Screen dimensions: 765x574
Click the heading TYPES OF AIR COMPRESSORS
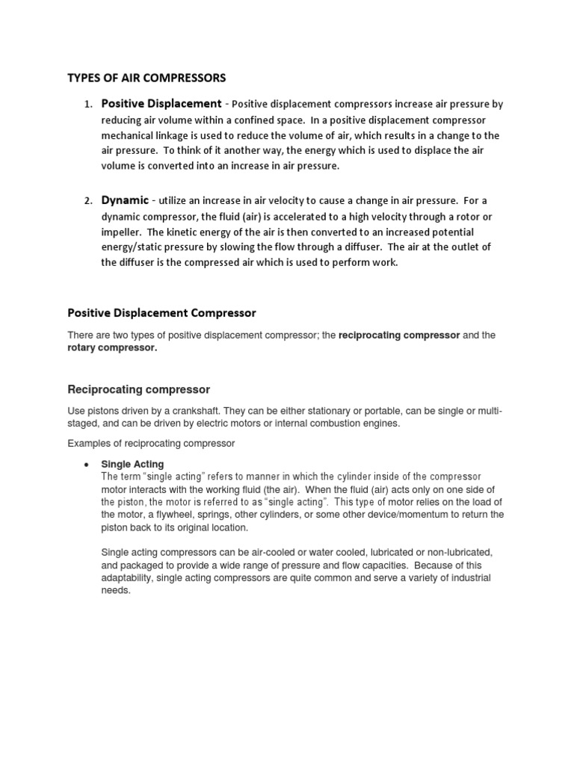click(x=146, y=77)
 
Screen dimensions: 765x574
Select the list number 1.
click(x=87, y=105)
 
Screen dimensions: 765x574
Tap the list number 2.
click(x=87, y=201)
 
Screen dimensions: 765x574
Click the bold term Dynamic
click(x=125, y=200)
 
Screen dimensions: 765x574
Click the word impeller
click(x=123, y=232)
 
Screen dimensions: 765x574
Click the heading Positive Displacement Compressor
click(x=162, y=312)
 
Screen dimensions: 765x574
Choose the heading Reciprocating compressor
click(x=139, y=389)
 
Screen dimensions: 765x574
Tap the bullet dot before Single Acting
click(x=87, y=465)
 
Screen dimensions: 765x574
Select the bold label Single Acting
click(x=132, y=464)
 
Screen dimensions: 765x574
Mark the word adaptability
click(x=132, y=578)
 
